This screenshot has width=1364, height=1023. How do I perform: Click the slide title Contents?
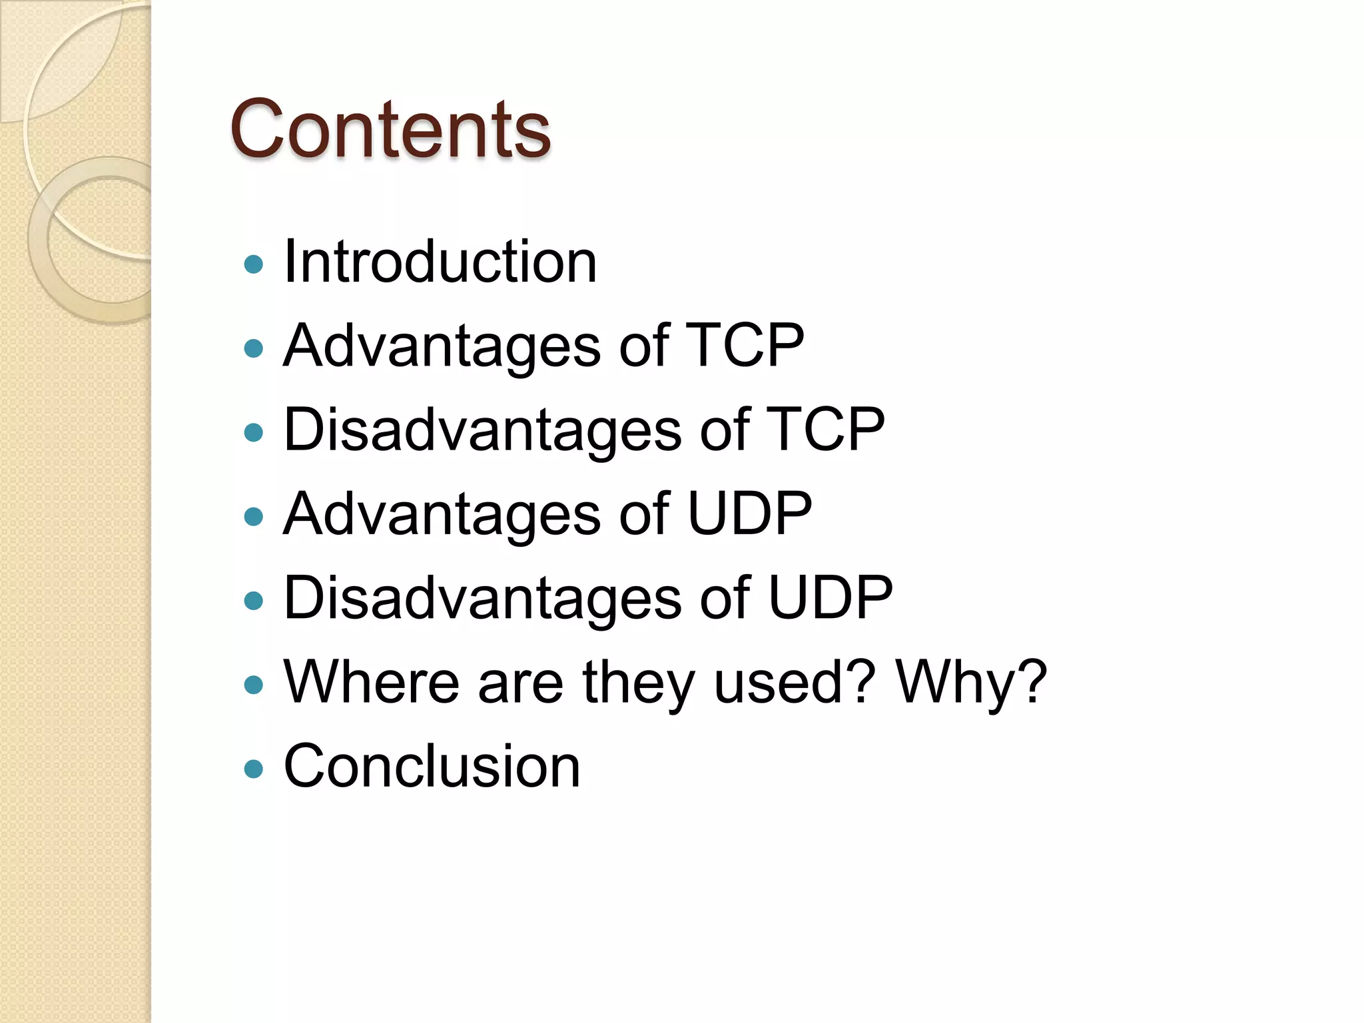[x=390, y=129]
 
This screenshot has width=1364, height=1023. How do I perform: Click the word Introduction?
[x=440, y=262]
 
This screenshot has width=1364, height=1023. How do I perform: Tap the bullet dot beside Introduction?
[x=254, y=265]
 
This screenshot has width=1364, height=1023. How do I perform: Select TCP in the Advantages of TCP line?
[x=745, y=345]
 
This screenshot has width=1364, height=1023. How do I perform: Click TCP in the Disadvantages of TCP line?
[x=826, y=430]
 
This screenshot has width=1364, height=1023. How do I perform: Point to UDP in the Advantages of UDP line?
[x=749, y=513]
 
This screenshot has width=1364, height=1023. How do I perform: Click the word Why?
[x=972, y=683]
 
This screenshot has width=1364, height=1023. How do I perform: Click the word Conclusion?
[x=432, y=766]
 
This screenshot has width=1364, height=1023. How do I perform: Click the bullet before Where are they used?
[x=254, y=685]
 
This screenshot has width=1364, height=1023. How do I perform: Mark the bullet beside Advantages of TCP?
[x=254, y=348]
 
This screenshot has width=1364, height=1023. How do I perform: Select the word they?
[x=637, y=683]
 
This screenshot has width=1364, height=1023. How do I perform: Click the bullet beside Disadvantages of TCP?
[x=254, y=433]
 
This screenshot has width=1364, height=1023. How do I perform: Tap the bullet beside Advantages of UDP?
[x=254, y=517]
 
